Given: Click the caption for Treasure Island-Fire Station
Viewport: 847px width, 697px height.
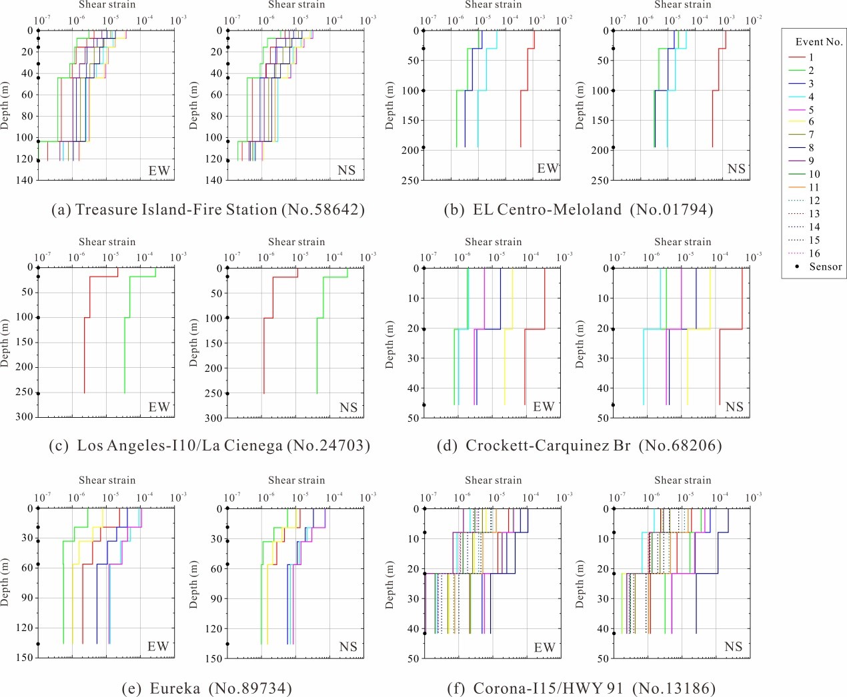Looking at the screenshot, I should (208, 210).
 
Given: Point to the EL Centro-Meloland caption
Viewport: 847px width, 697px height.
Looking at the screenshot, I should (578, 210).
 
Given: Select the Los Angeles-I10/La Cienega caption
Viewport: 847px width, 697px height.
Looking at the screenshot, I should (209, 445).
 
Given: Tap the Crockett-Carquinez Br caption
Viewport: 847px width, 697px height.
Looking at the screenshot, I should (579, 445).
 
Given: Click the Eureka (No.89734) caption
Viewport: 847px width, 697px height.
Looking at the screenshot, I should (207, 688).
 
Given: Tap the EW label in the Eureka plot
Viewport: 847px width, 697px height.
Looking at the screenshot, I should (158, 646).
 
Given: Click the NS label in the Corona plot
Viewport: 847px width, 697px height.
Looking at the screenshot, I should (733, 646).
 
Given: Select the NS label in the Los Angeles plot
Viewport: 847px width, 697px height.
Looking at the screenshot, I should (348, 407).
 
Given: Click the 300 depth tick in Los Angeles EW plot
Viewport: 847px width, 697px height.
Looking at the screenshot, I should (25, 417).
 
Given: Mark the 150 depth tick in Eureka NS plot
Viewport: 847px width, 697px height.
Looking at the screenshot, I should (214, 658).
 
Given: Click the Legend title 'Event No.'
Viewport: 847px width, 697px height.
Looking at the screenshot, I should (818, 42).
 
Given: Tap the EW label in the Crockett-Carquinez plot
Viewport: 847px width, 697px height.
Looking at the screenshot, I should (544, 406).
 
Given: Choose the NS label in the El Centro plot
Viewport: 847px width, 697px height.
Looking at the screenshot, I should (736, 169).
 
